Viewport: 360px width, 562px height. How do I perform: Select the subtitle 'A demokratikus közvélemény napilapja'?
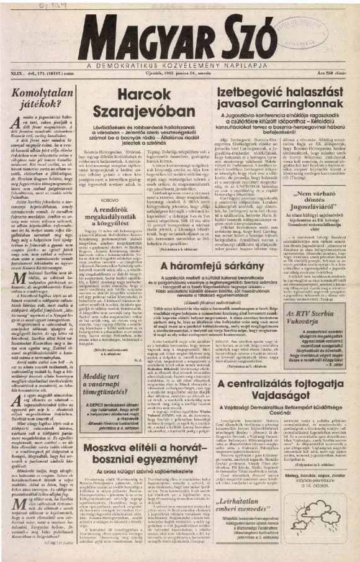[x=180, y=65]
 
